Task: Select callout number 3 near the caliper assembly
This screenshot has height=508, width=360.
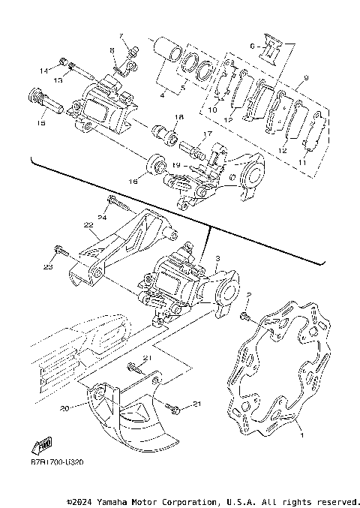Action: click(217, 258)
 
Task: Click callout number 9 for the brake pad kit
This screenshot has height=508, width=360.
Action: click(306, 78)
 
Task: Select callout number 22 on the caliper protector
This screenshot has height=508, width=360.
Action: click(88, 225)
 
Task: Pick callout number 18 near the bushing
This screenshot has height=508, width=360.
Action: click(178, 117)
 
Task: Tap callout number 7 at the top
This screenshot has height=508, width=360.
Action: click(118, 36)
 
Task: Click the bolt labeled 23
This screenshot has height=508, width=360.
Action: click(61, 249)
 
